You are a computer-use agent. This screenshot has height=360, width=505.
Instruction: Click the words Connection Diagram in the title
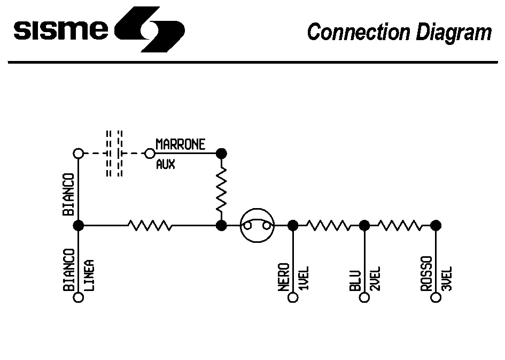pyautogui.click(x=399, y=32)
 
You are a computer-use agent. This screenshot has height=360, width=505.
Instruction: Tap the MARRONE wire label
pyautogui.click(x=180, y=144)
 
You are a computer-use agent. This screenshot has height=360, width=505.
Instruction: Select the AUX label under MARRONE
pyautogui.click(x=165, y=165)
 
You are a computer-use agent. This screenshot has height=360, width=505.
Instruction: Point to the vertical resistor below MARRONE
pyautogui.click(x=221, y=189)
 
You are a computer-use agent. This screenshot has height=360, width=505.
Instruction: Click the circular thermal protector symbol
pyautogui.click(x=257, y=226)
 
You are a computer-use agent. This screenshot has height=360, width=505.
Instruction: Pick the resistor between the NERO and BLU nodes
pyautogui.click(x=329, y=226)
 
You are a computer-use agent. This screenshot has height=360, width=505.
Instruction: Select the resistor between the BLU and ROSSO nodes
pyautogui.click(x=400, y=226)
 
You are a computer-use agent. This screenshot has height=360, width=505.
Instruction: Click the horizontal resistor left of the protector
pyautogui.click(x=150, y=226)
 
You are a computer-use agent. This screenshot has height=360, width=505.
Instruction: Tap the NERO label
pyautogui.click(x=284, y=277)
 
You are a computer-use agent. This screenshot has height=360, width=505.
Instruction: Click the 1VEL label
pyautogui.click(x=304, y=278)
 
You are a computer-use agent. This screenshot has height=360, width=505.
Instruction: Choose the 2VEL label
pyautogui.click(x=375, y=278)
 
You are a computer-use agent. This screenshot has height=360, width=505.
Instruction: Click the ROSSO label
pyautogui.click(x=426, y=274)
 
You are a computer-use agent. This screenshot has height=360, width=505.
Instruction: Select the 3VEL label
pyautogui.click(x=447, y=278)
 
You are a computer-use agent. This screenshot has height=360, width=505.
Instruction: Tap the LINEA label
pyautogui.click(x=90, y=275)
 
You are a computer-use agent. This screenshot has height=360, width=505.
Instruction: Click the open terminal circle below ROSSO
pyautogui.click(x=436, y=297)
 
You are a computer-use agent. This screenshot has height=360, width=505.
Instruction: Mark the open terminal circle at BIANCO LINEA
pyautogui.click(x=79, y=297)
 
